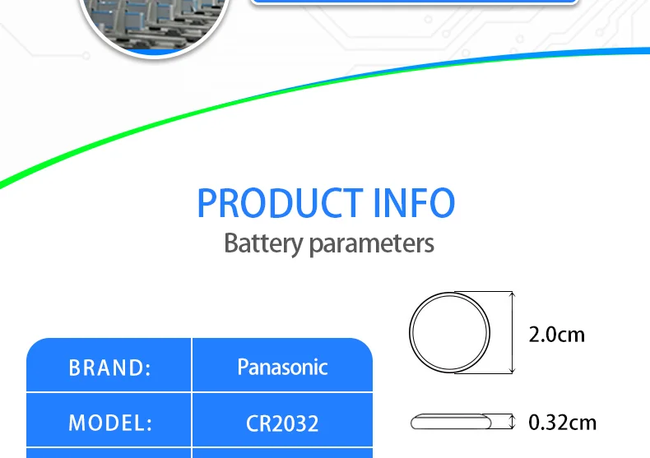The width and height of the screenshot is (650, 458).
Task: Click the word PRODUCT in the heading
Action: coord(279,203)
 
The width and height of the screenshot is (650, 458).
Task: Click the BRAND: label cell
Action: coord(109,368)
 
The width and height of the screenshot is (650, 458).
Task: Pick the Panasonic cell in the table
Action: coord(282,367)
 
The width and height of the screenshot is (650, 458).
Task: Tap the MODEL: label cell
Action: coord(109,423)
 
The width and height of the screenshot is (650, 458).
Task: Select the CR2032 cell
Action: coord(282,424)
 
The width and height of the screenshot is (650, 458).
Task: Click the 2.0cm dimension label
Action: coord(556,334)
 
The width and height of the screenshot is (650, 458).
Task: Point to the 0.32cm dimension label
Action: coord(562,423)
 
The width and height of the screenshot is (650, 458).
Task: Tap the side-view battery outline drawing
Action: coord(450,423)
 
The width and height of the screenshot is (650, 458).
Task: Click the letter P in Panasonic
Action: coord(244,367)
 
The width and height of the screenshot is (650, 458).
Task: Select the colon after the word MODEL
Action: coord(148,424)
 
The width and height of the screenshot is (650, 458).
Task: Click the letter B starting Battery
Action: coord(231,243)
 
